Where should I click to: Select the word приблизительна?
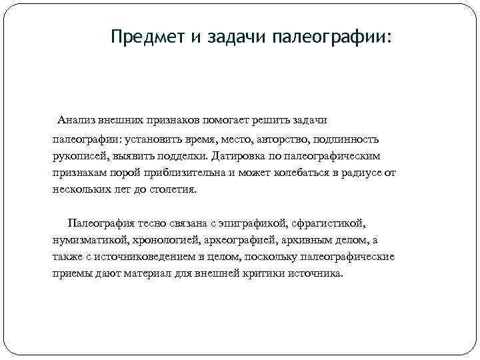coord(175,173)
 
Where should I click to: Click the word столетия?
coord(173,189)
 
